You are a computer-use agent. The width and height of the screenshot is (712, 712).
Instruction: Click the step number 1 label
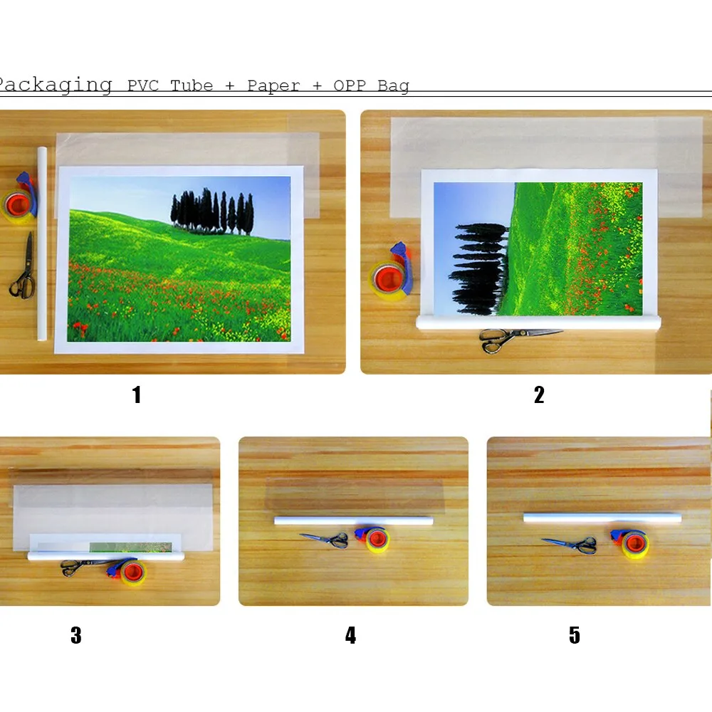tap(137, 394)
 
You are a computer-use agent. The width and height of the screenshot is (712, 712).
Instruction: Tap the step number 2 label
tap(539, 394)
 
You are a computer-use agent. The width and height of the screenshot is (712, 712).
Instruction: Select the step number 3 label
tap(76, 635)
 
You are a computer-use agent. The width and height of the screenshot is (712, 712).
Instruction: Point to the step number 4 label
tap(350, 635)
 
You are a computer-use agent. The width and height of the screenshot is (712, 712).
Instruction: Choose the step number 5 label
tap(575, 635)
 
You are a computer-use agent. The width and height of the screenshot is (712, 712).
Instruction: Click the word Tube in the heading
tap(192, 86)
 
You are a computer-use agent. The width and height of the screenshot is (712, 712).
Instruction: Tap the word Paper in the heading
tap(273, 86)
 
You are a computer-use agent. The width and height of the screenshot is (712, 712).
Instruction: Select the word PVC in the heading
tap(143, 86)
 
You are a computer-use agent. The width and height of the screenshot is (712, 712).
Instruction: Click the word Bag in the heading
tap(393, 86)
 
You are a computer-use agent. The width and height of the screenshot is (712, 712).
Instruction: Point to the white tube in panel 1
tap(42, 244)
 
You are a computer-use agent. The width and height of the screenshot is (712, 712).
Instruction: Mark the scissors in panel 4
tap(325, 540)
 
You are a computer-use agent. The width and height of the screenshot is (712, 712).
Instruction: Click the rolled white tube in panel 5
tap(602, 518)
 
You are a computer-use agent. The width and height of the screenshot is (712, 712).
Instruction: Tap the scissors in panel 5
tap(570, 544)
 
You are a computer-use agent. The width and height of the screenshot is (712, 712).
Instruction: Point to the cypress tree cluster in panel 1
tap(212, 211)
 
